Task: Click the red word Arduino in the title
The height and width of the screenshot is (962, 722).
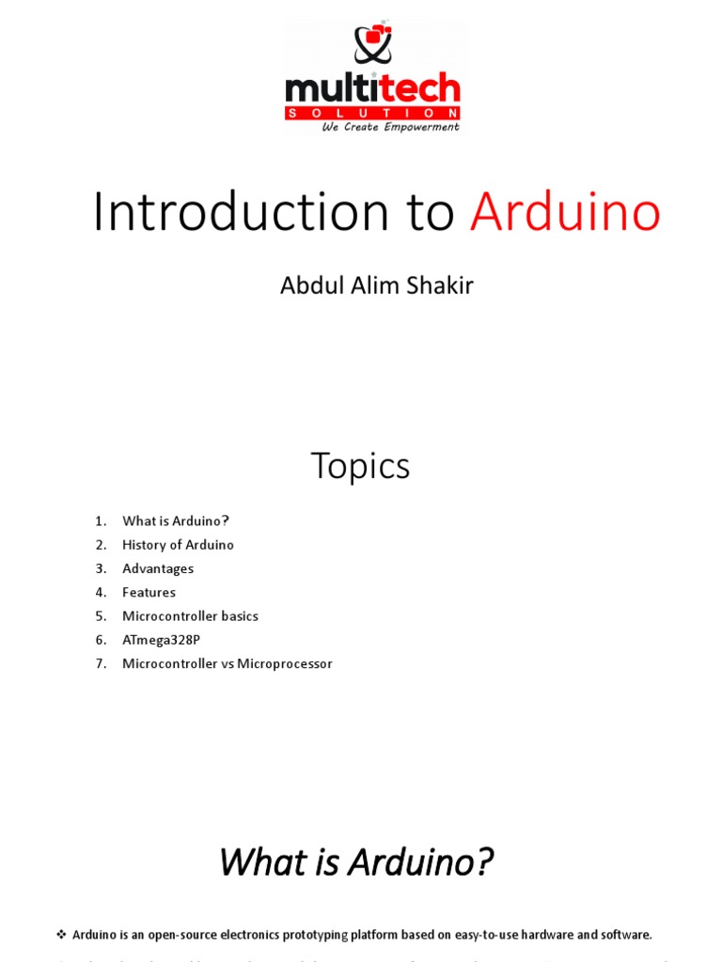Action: pyautogui.click(x=565, y=212)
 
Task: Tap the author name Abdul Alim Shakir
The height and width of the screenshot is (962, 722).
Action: pyautogui.click(x=376, y=286)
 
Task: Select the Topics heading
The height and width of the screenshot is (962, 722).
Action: pyautogui.click(x=360, y=466)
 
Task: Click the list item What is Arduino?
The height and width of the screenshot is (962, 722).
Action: pyautogui.click(x=176, y=521)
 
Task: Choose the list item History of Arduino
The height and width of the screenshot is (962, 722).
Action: pyautogui.click(x=178, y=545)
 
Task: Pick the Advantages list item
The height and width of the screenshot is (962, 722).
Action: pyautogui.click(x=158, y=568)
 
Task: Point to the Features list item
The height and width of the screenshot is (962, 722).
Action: pyautogui.click(x=149, y=593)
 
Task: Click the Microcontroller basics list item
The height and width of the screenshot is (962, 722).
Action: pyautogui.click(x=190, y=616)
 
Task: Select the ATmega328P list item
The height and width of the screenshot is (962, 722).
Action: pyautogui.click(x=161, y=640)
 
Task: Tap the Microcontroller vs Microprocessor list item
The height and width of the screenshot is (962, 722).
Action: pyautogui.click(x=227, y=664)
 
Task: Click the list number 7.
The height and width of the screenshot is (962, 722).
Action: pyautogui.click(x=101, y=664)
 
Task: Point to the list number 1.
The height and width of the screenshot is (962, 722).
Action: pyautogui.click(x=101, y=521)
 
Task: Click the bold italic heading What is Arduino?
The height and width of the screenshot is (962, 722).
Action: pyautogui.click(x=355, y=861)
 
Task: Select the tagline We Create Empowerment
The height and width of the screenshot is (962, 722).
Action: pyautogui.click(x=390, y=127)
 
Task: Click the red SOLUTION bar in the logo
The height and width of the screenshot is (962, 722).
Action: pyautogui.click(x=372, y=113)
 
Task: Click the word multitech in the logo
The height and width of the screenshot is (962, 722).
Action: pyautogui.click(x=372, y=90)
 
